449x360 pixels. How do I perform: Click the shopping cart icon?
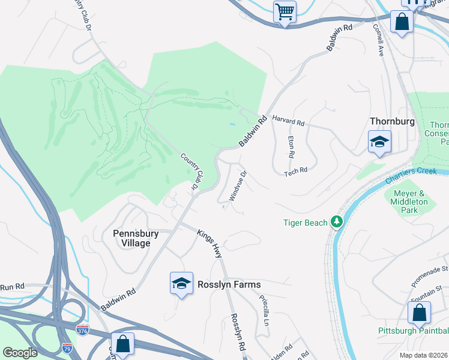click(285, 11)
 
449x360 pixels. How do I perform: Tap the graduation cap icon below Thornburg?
click(379, 143)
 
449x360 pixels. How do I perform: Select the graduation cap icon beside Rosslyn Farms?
click(181, 283)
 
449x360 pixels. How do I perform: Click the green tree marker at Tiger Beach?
click(337, 223)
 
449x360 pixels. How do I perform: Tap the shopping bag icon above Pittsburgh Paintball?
click(419, 313)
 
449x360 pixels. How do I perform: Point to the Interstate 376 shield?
click(83, 330)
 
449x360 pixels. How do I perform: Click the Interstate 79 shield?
click(67, 347)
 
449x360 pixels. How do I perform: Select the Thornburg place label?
click(392, 121)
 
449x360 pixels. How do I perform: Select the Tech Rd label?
click(295, 170)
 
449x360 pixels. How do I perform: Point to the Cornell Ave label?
click(378, 40)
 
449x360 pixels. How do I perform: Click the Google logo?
click(20, 352)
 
